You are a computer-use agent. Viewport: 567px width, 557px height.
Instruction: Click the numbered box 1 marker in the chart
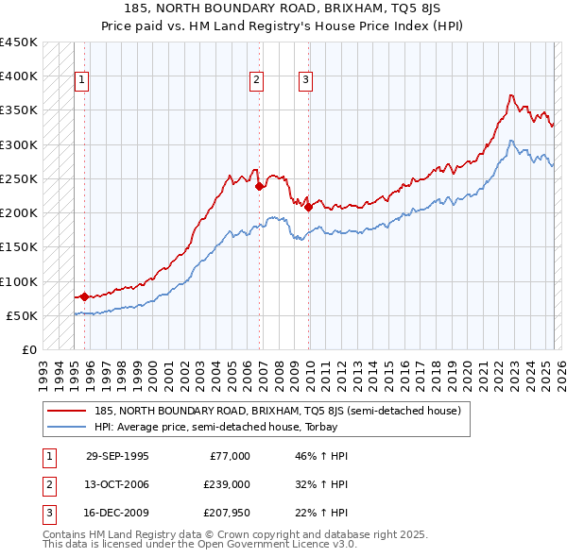pyautogui.click(x=82, y=81)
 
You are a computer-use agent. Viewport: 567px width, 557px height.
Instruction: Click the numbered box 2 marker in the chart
pyautogui.click(x=256, y=81)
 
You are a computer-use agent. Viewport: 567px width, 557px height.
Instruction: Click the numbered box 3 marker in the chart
pyautogui.click(x=306, y=81)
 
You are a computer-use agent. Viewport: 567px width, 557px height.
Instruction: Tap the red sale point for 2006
pyautogui.click(x=259, y=186)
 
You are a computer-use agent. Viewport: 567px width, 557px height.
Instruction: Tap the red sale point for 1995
pyautogui.click(x=84, y=296)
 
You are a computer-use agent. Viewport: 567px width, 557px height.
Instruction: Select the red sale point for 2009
pyautogui.click(x=309, y=207)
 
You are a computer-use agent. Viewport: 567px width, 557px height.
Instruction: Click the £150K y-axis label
pyautogui.click(x=19, y=247)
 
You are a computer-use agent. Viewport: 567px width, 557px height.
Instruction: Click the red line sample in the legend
pyautogui.click(x=66, y=411)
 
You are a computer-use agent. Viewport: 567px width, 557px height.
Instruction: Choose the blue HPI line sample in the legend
pyautogui.click(x=66, y=427)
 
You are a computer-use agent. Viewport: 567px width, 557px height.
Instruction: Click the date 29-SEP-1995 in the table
pyautogui.click(x=117, y=456)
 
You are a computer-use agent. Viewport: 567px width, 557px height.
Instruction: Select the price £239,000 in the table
pyautogui.click(x=228, y=484)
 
